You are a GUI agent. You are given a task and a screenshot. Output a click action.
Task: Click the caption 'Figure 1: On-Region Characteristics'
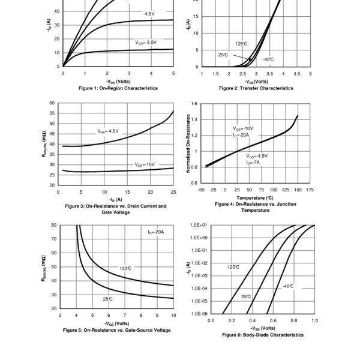coord(118,88)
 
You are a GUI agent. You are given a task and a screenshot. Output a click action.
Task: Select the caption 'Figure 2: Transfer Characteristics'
coord(256,88)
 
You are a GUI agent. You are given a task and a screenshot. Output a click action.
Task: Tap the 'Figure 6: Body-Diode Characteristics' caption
coord(262,335)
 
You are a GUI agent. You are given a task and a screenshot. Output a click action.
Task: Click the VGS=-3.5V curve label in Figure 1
coord(146,43)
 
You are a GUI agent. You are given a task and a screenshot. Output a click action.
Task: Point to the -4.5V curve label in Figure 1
coord(149,13)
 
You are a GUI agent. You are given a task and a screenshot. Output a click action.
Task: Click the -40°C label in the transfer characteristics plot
coord(268,59)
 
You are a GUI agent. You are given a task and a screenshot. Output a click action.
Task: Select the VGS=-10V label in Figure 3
coord(145,164)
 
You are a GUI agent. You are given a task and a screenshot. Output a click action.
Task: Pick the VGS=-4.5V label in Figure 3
coord(108,131)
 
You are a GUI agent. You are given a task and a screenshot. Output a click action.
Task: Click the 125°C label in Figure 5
coord(125,268)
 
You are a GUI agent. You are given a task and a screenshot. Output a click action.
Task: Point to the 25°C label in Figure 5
coord(108,298)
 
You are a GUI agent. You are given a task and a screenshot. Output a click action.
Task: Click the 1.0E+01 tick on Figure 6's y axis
coord(199,226)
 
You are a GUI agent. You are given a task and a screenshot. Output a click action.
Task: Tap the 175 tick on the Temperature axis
coord(310,190)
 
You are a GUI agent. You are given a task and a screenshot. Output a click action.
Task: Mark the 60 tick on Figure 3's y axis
coord(52,103)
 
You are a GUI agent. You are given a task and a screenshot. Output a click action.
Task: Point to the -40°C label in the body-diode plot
coord(288,286)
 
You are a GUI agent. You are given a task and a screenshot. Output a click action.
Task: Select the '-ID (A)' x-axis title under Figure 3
coord(115,199)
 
